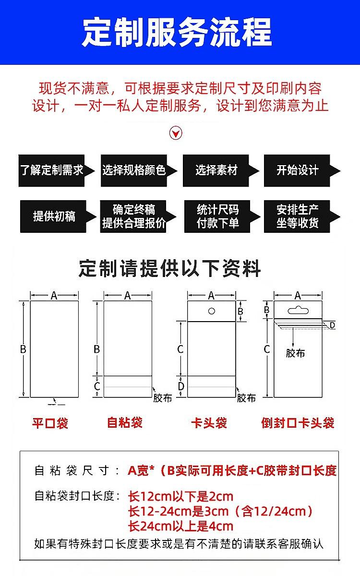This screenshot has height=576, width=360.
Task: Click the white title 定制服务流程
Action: point(177,32)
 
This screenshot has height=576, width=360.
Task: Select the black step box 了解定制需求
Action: point(52,170)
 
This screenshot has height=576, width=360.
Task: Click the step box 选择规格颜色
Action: point(134,170)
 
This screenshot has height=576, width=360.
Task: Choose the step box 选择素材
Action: point(216,170)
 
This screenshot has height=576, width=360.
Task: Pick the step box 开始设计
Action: point(298,170)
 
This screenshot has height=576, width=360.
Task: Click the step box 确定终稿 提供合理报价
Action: point(134,216)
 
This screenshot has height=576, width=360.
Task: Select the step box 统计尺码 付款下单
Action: point(217,216)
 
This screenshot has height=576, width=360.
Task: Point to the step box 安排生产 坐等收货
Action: point(298,216)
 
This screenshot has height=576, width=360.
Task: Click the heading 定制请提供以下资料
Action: point(170,269)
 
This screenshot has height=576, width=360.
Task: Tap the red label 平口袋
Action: point(50,423)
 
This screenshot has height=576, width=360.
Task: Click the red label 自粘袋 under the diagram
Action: point(125,423)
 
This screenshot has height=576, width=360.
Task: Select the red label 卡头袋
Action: point(209,423)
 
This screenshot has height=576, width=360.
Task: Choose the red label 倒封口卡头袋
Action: point(298,423)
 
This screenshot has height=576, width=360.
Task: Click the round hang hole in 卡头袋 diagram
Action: point(211,311)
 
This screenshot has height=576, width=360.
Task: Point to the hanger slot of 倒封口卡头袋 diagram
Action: point(298,309)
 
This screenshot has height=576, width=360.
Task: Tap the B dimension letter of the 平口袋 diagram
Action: point(23,349)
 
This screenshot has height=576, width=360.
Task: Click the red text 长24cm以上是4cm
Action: point(181,526)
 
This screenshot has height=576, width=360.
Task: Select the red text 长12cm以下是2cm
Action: point(181,496)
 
